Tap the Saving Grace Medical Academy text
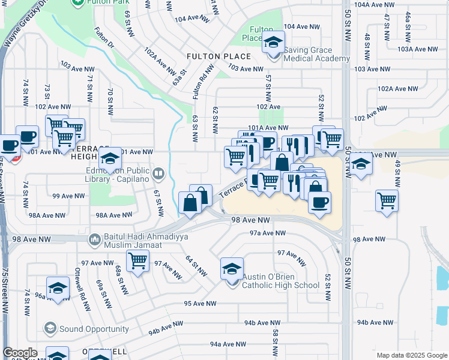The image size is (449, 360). tap(316, 54)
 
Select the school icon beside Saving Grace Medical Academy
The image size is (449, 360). tap(274, 43)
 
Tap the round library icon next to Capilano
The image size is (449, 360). tap(158, 175)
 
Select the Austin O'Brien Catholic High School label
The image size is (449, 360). tap(280, 281)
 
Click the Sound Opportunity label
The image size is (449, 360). tap(94, 329)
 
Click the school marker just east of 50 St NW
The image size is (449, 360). tap(361, 163)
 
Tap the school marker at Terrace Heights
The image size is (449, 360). tap(110, 159)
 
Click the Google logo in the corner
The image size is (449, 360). tap(20, 353)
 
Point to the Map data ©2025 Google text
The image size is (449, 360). tap(411, 355)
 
